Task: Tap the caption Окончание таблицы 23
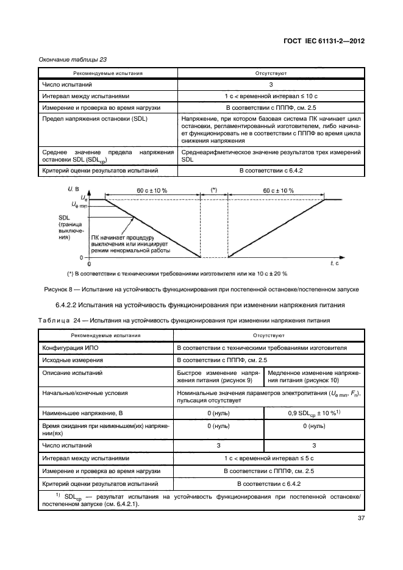[x=65, y=60]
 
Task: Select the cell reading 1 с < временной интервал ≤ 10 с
[x=271, y=96]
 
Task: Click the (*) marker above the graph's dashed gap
[x=213, y=190]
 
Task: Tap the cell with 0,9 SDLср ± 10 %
[x=313, y=413]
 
